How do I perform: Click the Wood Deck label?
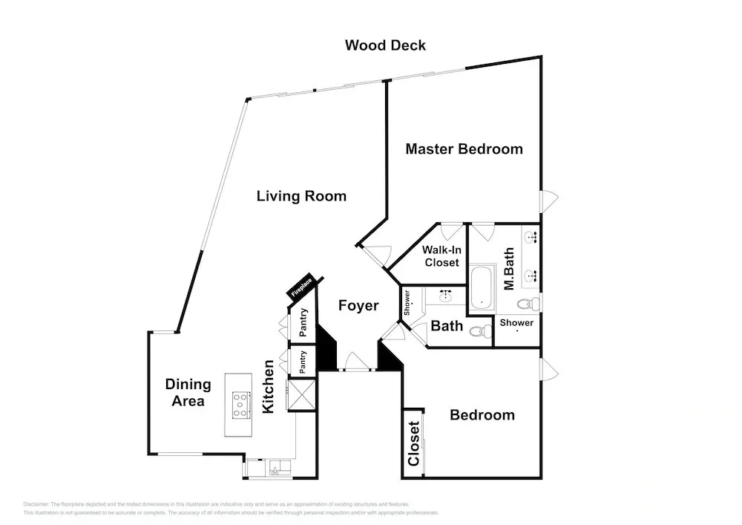385,45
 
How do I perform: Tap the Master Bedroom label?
464,149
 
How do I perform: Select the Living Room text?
301,196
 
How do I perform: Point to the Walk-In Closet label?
441,256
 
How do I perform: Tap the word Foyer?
358,305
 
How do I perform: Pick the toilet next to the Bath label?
484,332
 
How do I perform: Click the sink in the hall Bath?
446,296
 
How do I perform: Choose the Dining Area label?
188,393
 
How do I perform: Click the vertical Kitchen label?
269,386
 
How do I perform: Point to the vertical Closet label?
414,443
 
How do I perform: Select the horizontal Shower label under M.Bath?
516,323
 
